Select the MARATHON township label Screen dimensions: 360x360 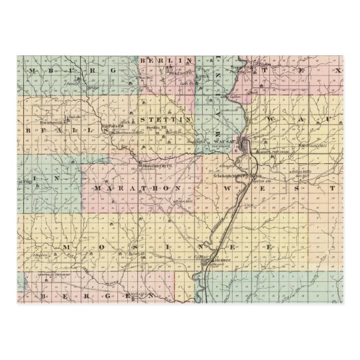(137, 189)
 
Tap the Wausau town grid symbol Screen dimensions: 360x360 (245, 143)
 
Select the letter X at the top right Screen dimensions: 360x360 (338, 69)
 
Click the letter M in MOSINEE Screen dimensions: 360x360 (66, 247)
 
